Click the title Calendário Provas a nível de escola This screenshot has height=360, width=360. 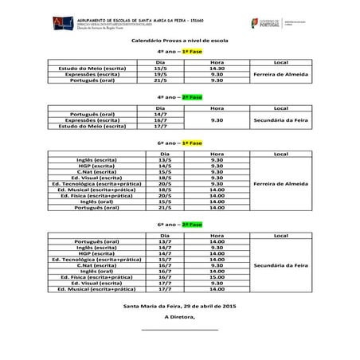point(180,39)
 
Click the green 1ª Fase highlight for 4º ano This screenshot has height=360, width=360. point(191,50)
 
